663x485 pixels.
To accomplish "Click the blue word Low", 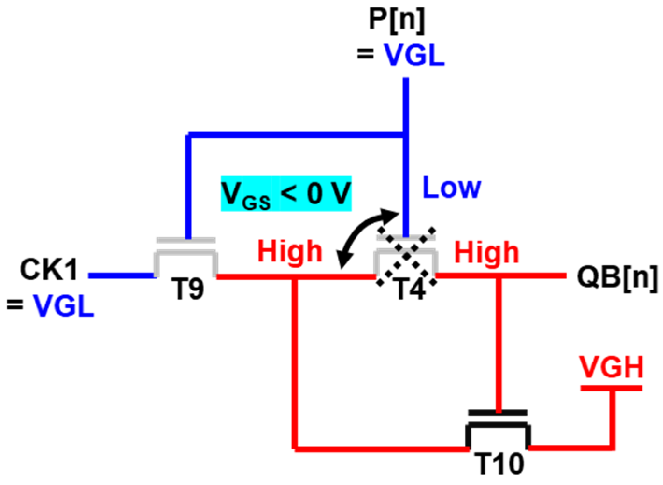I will pos(451,188).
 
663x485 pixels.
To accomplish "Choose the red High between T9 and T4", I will pos(290,252).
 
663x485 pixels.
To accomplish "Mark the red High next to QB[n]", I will pos(486,253).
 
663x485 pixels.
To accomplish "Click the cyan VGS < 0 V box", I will pos(286,194).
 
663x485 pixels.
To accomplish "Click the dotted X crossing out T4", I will pos(406,256).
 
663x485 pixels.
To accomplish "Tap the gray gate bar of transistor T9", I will pos(186,240).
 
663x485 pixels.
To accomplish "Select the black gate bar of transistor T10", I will pos(498,413).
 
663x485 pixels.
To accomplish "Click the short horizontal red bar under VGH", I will pos(611,388).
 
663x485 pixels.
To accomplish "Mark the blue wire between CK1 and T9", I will pos(121,276).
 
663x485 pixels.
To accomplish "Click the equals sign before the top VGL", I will pos(366,54).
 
